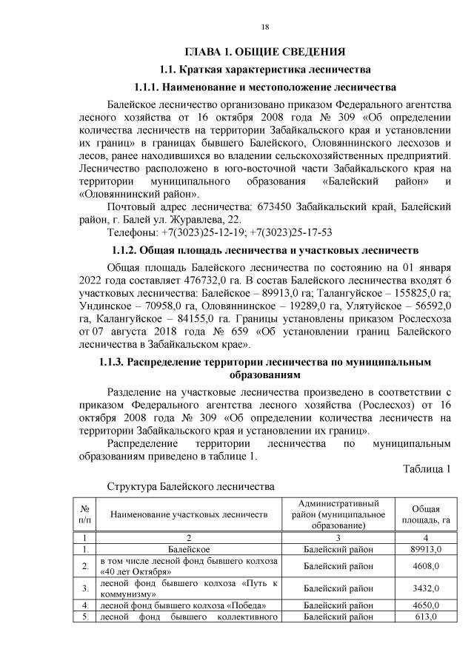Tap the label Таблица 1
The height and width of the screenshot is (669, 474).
click(427, 470)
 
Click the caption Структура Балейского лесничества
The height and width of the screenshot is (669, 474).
click(191, 487)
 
